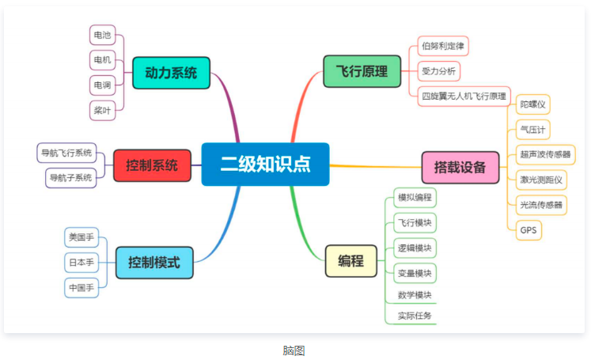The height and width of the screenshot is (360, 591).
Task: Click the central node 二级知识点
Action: coord(265,165)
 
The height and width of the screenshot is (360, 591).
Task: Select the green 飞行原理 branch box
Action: coord(361,71)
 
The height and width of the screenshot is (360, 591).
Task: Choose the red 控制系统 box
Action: coord(152,165)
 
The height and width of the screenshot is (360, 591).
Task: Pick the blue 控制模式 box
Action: coord(154,263)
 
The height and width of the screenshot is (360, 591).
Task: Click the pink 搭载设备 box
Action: coord(460,167)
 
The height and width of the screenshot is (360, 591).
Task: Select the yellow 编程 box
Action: coord(351,261)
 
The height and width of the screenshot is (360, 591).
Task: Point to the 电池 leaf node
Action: coord(102,35)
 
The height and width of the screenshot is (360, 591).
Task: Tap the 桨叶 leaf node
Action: coord(102,110)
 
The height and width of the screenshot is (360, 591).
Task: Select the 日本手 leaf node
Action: coord(81,262)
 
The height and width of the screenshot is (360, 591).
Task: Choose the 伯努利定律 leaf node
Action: coord(443,46)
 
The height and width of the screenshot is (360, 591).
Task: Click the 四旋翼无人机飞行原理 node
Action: coord(464,97)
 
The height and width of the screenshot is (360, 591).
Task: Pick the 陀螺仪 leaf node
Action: coord(532,104)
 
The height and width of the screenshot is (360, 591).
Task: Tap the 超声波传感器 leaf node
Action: coord(545,154)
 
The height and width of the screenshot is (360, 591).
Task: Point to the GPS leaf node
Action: coord(528,230)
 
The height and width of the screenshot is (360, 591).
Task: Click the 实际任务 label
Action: coord(415,316)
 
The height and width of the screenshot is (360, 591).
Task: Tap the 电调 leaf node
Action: coord(102,85)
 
